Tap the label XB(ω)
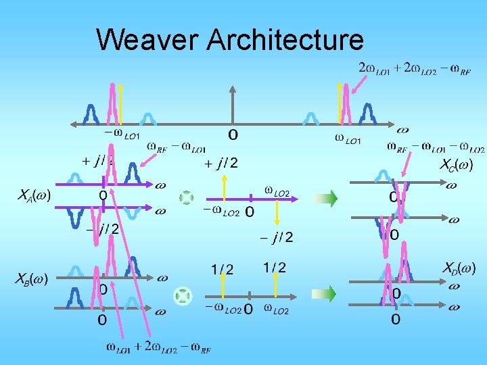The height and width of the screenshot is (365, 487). pyautogui.click(x=32, y=278)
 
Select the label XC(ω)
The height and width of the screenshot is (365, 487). pyautogui.click(x=457, y=164)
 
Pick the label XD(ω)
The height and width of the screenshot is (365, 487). pyautogui.click(x=459, y=268)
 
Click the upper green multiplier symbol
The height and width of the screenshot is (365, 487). pyautogui.click(x=186, y=197)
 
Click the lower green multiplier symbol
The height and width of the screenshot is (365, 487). pyautogui.click(x=183, y=295)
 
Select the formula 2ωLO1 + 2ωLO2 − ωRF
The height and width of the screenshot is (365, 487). pyautogui.click(x=415, y=68)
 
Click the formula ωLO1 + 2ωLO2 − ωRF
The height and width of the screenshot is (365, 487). pyautogui.click(x=159, y=348)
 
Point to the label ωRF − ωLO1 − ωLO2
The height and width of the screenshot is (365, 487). pyautogui.click(x=436, y=147)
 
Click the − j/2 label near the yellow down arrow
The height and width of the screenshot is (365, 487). pyautogui.click(x=277, y=237)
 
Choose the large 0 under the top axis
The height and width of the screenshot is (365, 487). pyautogui.click(x=233, y=135)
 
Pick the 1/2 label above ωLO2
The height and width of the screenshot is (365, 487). pyautogui.click(x=275, y=268)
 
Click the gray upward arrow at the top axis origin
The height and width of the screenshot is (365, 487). pyautogui.click(x=233, y=105)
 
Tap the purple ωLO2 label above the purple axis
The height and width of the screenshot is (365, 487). pyautogui.click(x=277, y=193)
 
